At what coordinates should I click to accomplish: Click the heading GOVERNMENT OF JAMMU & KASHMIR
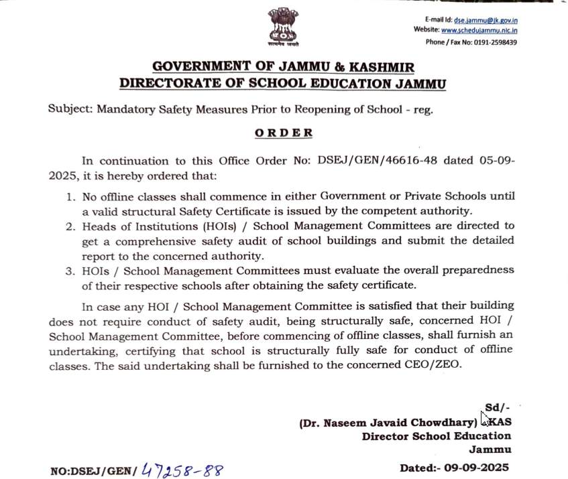[283, 67]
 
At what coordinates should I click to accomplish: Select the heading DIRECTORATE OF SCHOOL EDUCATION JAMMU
[282, 84]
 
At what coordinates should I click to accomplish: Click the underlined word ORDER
[284, 133]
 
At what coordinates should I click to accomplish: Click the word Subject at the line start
[69, 109]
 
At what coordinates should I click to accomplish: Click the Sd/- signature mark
[497, 408]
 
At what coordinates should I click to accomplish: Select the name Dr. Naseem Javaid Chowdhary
[388, 423]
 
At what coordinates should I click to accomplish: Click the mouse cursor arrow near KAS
[484, 418]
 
